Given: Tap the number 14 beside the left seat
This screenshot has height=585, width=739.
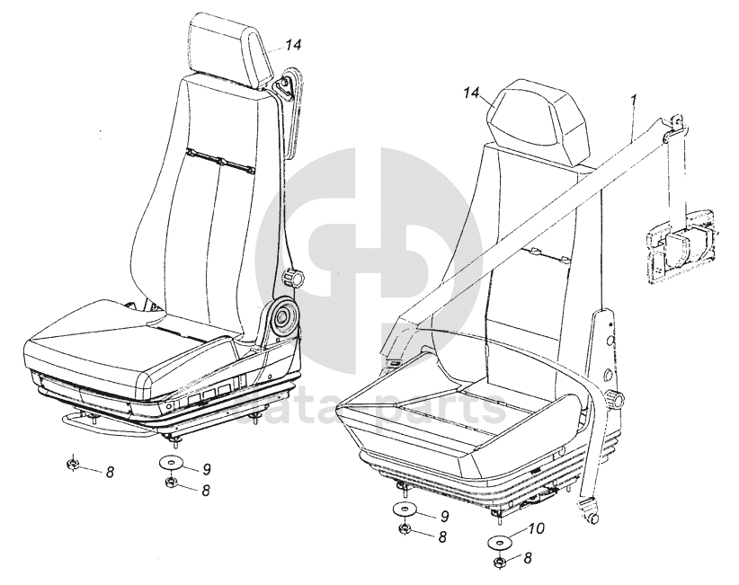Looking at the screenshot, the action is (295, 44).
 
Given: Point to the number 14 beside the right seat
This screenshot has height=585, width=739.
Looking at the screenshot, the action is (475, 93).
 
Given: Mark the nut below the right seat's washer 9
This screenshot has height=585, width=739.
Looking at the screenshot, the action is (405, 529).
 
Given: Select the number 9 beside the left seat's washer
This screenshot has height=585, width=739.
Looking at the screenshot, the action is (206, 467).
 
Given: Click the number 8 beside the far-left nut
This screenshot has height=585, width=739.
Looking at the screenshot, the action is (109, 472).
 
